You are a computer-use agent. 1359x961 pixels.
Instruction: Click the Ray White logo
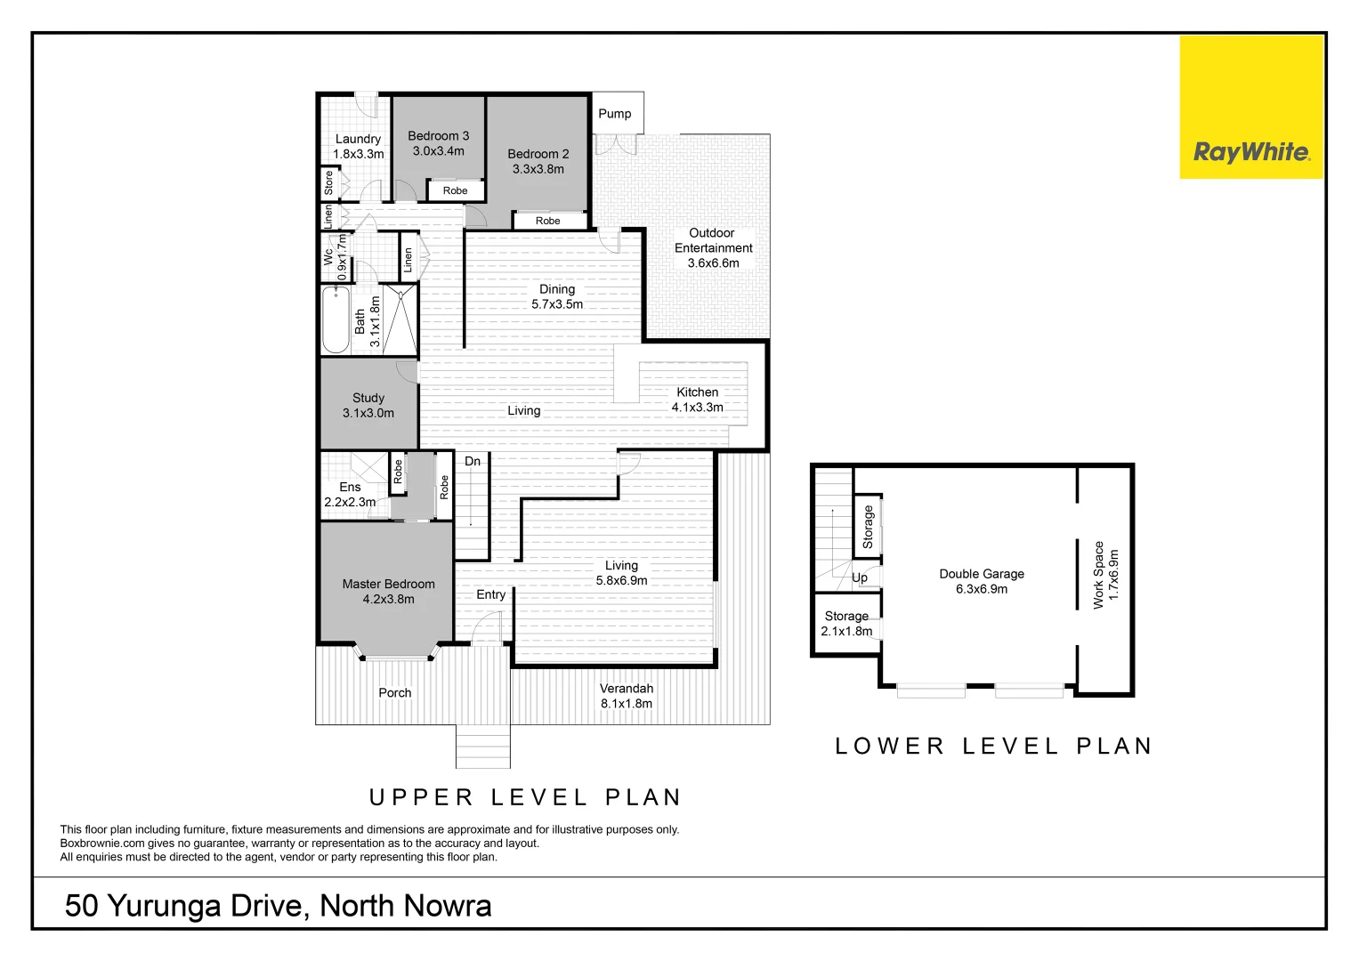[1250, 152]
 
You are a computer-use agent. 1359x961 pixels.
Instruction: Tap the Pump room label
[614, 114]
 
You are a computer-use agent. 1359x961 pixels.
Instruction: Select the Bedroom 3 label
[438, 136]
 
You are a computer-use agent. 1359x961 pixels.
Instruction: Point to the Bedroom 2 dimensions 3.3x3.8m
[538, 169]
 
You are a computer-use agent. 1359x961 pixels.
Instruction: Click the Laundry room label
[358, 139]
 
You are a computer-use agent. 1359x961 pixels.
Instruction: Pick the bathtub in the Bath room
[336, 319]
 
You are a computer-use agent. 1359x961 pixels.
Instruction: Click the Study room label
[368, 398]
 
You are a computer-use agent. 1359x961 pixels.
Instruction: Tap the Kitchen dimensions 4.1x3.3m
[697, 408]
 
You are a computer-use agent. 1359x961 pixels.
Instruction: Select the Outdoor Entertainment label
[713, 240]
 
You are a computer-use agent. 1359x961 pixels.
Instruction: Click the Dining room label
[557, 289]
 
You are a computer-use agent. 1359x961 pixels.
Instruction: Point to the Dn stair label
[473, 461]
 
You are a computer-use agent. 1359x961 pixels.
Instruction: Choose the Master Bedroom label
[388, 584]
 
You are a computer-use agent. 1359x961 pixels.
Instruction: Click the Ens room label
[350, 487]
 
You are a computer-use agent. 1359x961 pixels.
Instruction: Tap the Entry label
[490, 594]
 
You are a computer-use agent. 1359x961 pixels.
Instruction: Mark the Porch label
[394, 692]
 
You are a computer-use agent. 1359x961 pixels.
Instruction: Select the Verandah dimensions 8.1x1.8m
[626, 704]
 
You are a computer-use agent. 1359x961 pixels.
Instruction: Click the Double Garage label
[981, 574]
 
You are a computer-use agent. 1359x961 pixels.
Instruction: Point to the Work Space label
[1098, 575]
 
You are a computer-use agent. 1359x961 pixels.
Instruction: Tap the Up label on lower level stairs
[860, 577]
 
